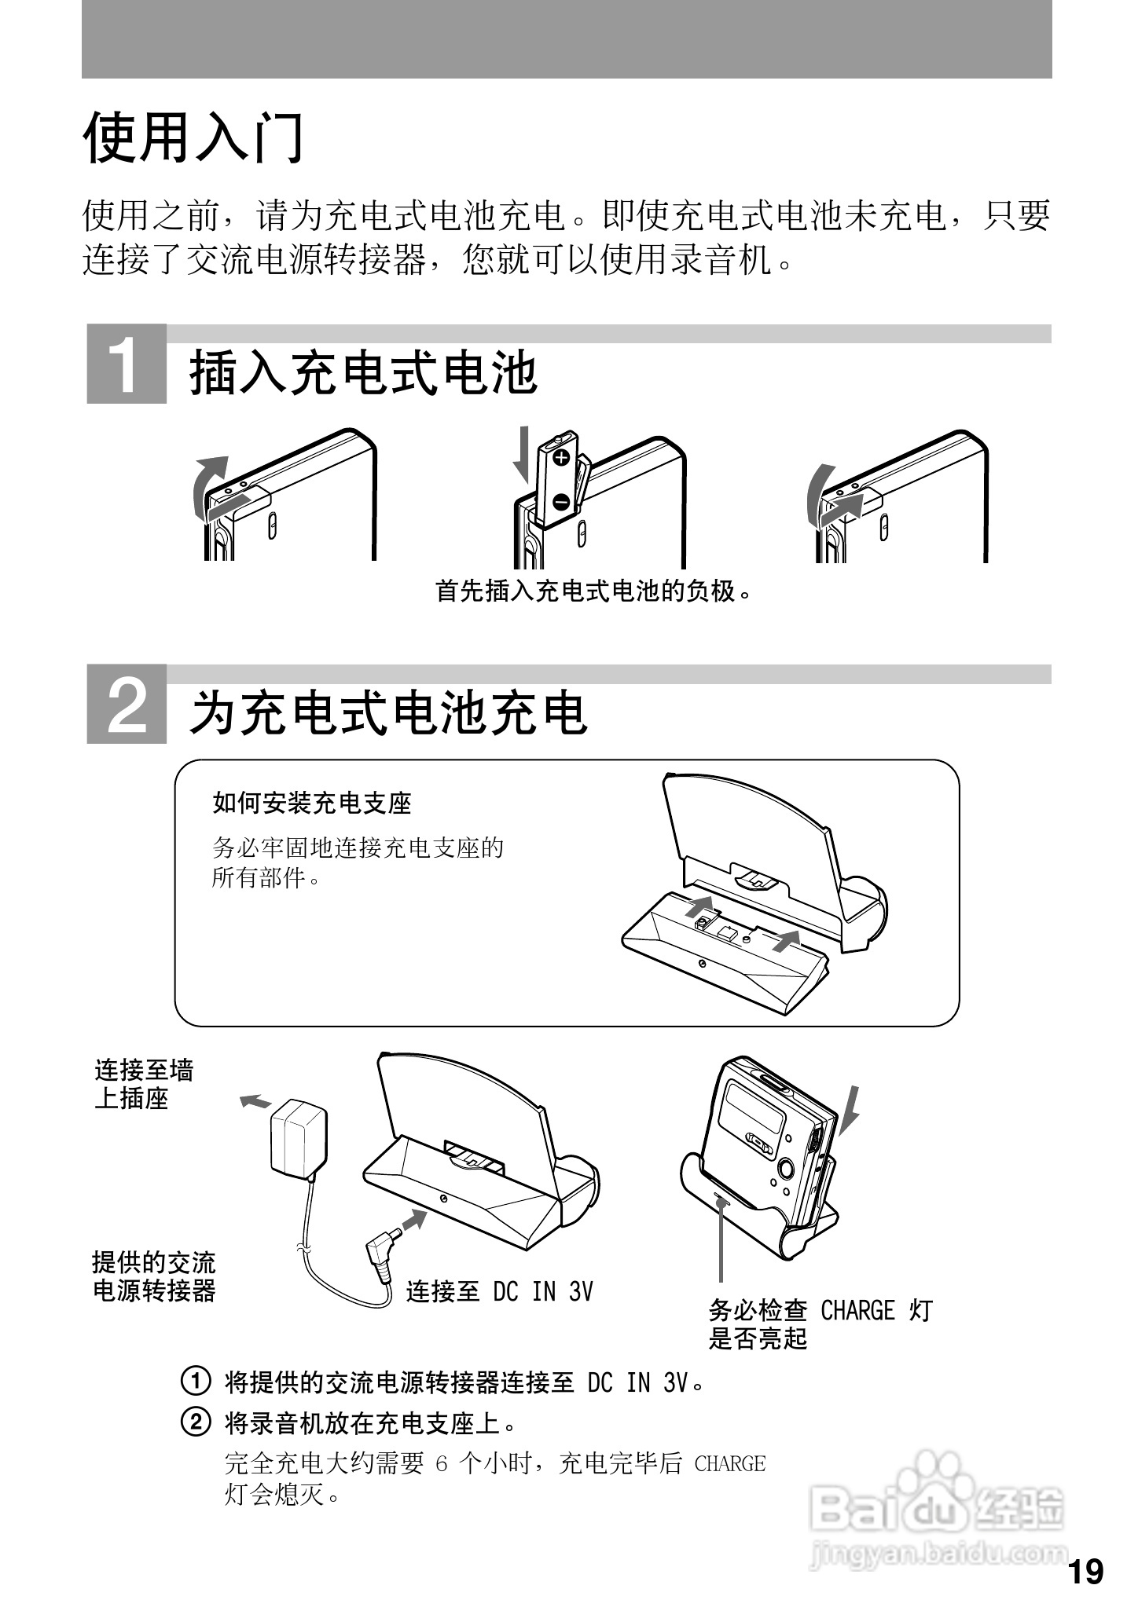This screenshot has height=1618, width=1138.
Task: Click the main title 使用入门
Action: tap(193, 137)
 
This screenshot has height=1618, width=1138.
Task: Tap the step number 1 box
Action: tap(127, 364)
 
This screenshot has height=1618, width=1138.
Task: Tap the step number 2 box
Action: tap(127, 704)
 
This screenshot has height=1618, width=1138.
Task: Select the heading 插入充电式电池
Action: tap(363, 372)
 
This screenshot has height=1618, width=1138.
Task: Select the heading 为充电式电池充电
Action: tap(388, 712)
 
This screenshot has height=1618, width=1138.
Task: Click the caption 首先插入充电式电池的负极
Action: tap(594, 591)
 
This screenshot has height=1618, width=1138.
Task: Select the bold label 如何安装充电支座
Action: tap(312, 803)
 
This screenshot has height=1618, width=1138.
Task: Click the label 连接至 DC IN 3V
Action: tap(499, 1291)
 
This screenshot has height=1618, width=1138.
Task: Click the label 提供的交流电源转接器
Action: tap(154, 1276)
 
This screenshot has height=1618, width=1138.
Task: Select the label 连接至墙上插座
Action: tap(144, 1084)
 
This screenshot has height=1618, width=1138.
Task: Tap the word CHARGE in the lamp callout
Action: tap(857, 1310)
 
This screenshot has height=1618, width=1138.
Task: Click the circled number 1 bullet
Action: tap(196, 1380)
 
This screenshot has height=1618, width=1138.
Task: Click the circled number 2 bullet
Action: tap(196, 1422)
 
